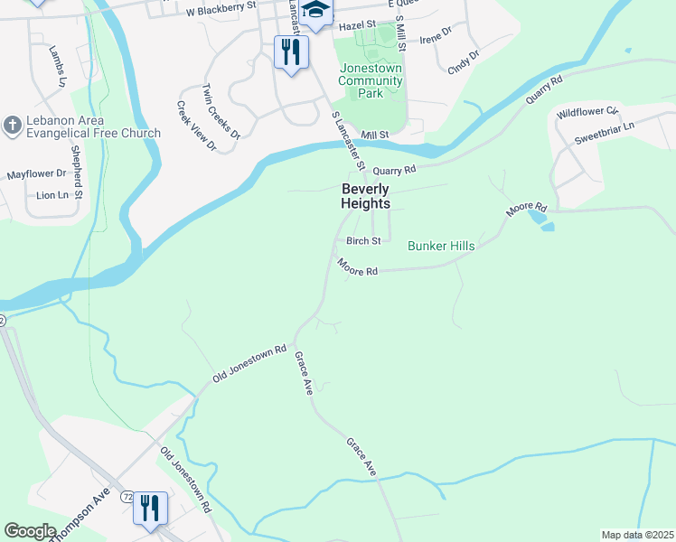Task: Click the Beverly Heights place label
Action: [365, 196]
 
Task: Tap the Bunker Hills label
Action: [441, 246]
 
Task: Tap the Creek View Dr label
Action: [196, 126]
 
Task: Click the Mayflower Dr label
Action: [37, 173]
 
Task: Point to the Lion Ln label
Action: [52, 194]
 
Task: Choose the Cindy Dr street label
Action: [464, 61]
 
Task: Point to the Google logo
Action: [31, 531]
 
